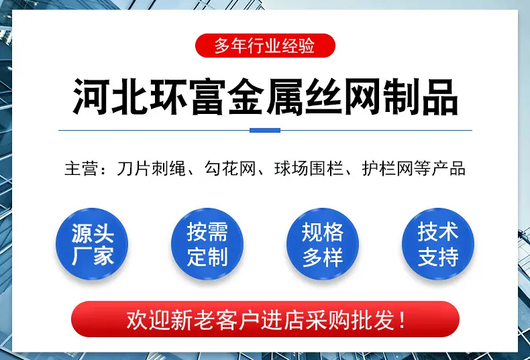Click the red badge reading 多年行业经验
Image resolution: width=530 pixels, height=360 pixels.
(265, 46)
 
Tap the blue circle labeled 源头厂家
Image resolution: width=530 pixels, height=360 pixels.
(92, 244)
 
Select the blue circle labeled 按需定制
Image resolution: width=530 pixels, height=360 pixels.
(207, 244)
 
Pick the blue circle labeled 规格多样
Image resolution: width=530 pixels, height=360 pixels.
(323, 244)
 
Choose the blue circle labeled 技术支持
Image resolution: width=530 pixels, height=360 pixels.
(438, 244)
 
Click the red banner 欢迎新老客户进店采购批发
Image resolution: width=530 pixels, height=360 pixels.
(266, 319)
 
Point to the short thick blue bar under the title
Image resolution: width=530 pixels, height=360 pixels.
(265, 130)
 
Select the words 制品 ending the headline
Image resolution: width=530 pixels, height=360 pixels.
(420, 97)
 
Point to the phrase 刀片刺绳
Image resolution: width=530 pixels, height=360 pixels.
(151, 168)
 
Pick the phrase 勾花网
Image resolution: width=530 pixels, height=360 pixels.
(230, 168)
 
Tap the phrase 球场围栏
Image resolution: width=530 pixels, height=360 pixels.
(309, 168)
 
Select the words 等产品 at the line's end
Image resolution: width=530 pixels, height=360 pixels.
(439, 168)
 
